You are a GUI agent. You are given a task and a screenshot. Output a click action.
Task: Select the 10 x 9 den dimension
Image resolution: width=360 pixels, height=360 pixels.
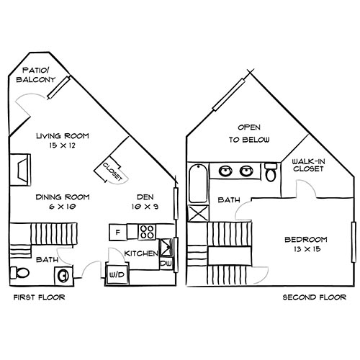pos(147,206)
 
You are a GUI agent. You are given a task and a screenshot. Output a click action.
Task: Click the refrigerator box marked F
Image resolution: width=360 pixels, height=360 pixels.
pos(117,232)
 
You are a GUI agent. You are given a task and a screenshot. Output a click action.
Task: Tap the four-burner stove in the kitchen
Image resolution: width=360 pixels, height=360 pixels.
pos(148,232)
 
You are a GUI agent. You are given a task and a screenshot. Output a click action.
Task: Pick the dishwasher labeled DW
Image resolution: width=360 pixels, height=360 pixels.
pos(166,264)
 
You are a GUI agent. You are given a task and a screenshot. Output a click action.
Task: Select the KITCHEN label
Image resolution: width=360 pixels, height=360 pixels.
pos(141,253)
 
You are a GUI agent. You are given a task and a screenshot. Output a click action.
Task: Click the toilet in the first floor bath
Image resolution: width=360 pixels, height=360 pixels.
pos(20,273)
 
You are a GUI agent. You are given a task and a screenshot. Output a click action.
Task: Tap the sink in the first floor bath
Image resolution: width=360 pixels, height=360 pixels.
pos(64,274)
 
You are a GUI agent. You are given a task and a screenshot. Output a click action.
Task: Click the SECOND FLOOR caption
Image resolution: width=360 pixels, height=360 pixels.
pos(312,297)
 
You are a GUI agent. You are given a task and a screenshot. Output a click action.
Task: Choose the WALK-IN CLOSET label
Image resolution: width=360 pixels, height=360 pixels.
pos(307,166)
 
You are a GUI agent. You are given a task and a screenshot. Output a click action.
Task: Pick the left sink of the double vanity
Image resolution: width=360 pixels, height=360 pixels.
pos(226,172)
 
